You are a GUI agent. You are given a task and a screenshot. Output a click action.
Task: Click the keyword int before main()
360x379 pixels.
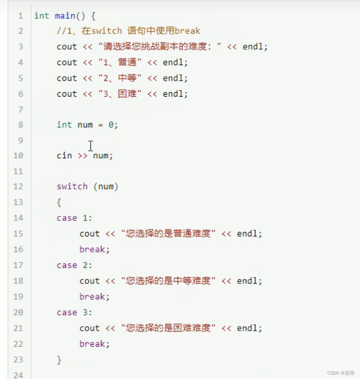42,16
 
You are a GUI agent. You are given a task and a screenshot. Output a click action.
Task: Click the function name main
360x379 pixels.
65,16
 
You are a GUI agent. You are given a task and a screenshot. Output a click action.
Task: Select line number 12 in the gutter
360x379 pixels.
18,187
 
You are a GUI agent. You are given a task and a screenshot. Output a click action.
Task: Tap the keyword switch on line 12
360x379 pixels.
72,187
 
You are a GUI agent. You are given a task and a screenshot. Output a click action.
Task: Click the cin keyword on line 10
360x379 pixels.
64,156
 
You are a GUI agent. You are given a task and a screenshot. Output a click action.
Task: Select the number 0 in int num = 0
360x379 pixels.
111,125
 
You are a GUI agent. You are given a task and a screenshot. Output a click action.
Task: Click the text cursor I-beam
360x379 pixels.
91,146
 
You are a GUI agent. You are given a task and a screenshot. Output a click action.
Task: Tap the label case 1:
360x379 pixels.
74,218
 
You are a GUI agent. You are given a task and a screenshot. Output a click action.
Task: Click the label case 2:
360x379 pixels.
74,265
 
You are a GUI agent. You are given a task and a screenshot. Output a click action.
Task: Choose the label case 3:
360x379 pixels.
74,312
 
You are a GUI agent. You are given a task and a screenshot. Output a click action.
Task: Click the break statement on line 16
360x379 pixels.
94,250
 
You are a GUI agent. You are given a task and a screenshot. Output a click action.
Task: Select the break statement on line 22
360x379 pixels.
94,344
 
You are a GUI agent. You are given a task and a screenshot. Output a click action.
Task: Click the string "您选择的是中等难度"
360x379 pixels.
168,281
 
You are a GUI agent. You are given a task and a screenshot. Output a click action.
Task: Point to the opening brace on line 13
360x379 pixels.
59,202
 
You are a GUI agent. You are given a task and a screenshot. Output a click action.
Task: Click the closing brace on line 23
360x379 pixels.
59,360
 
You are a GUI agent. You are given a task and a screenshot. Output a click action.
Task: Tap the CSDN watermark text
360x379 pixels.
340,373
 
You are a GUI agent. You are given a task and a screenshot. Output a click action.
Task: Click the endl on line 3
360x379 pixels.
252,47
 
